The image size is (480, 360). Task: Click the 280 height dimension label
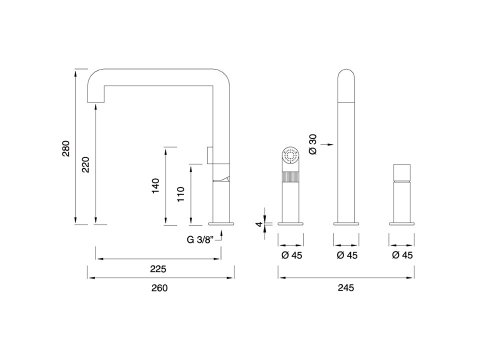(x=66, y=148)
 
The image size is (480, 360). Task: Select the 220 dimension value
(x=86, y=164)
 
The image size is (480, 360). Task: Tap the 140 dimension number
(x=156, y=186)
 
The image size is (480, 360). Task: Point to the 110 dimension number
(x=180, y=194)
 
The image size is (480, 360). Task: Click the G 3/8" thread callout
(x=199, y=240)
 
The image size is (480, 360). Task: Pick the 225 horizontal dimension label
(x=158, y=269)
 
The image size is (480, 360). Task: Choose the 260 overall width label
(x=159, y=288)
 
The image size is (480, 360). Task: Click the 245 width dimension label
(x=346, y=287)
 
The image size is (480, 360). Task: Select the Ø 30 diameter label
(x=313, y=144)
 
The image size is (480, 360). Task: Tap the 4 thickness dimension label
(x=259, y=224)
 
